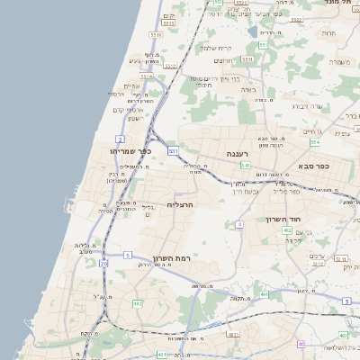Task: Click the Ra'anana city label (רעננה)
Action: coord(237,153)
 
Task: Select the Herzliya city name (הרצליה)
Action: coord(182,205)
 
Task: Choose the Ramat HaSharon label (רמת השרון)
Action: coord(170,257)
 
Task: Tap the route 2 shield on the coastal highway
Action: coord(120,139)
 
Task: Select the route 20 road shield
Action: coord(103,264)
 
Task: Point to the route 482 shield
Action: coord(138,304)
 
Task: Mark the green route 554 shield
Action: coord(315,142)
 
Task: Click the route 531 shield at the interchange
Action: coord(173,150)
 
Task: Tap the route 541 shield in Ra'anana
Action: coord(245,166)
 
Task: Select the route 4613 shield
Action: coord(233,334)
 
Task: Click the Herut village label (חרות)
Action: coord(328,33)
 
